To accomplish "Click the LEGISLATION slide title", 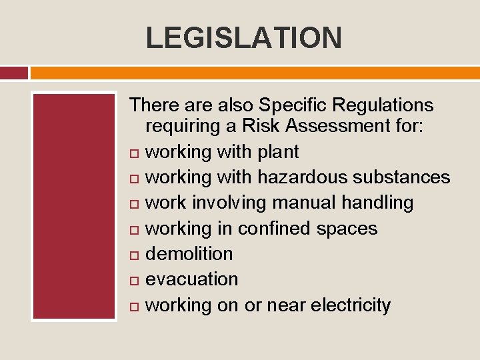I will point(243,37).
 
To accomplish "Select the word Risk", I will point(262,126).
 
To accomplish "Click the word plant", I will point(279,152).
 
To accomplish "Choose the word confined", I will point(274,228).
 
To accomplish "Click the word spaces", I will point(347,229).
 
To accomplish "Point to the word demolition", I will point(189,253).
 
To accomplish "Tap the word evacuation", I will point(191,279).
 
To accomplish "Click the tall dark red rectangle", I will point(75,206).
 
